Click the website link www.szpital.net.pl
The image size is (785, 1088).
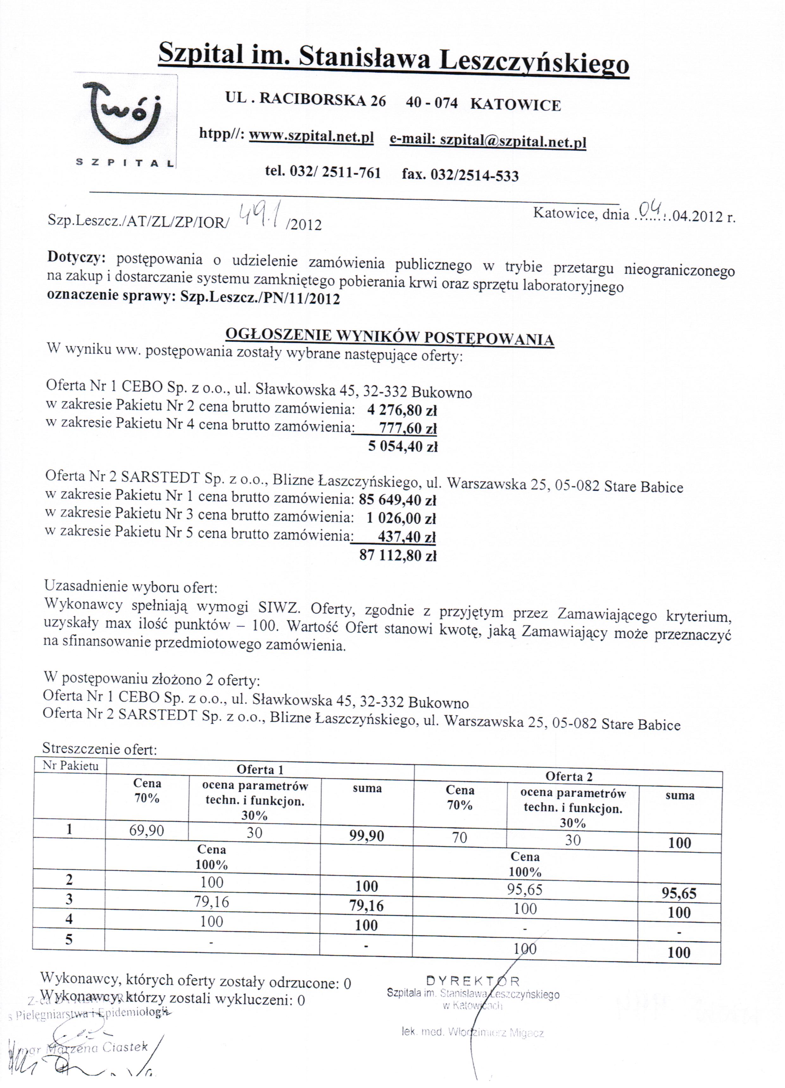pos(311,137)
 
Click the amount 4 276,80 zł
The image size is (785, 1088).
pos(402,410)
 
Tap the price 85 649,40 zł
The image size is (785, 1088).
pos(397,500)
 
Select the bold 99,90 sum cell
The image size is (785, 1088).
pos(367,836)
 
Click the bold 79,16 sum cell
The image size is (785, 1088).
pos(367,906)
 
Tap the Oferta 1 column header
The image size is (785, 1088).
pos(260,770)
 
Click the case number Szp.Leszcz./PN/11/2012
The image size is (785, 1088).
pos(260,299)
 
